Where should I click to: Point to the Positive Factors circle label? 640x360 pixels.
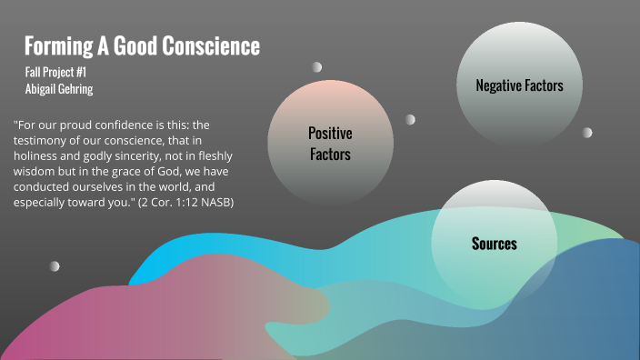click(330, 144)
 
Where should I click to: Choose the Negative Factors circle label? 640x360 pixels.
click(519, 85)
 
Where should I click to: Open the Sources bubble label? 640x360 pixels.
click(495, 244)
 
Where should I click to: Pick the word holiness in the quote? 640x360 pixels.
click(41, 156)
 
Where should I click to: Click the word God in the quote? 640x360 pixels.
click(186, 172)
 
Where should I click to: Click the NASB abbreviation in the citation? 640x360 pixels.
click(212, 203)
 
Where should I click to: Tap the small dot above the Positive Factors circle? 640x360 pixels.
click(317, 66)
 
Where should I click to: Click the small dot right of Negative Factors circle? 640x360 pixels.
click(587, 132)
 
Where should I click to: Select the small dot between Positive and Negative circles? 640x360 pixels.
click(411, 119)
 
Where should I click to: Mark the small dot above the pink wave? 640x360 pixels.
click(55, 265)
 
